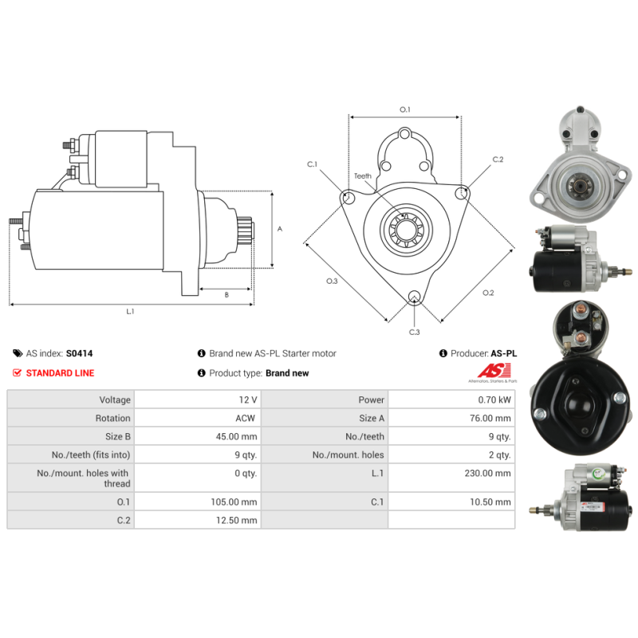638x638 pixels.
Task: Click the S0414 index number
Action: [x=79, y=353]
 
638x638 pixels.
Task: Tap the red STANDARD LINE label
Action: [x=60, y=372]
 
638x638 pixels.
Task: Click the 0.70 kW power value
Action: [x=494, y=400]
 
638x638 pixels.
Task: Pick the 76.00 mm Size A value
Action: [x=490, y=418]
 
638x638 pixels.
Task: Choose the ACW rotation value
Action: [x=246, y=418]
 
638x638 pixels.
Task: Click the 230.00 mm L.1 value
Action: [x=487, y=473]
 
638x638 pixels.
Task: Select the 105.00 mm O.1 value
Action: [x=234, y=502]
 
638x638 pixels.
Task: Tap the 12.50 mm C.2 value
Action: [x=236, y=520]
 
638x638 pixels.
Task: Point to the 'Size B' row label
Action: [x=117, y=436]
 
